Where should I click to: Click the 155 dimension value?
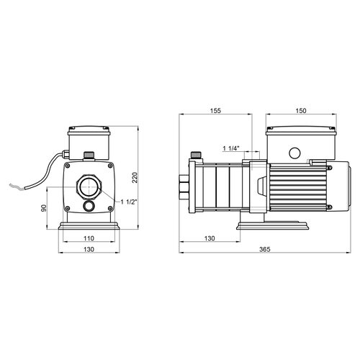coord(215,111)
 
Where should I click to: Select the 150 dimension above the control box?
coord(301,111)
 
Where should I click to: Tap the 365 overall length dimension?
coord(265,249)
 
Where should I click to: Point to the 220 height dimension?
coord(135,178)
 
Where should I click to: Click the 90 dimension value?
coord(44,208)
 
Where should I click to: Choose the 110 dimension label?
coord(89,238)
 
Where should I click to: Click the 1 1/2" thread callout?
coord(129,202)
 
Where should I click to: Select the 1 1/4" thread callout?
coord(231,148)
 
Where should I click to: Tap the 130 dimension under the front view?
coord(89,249)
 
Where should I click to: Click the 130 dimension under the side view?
coord(210,238)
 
